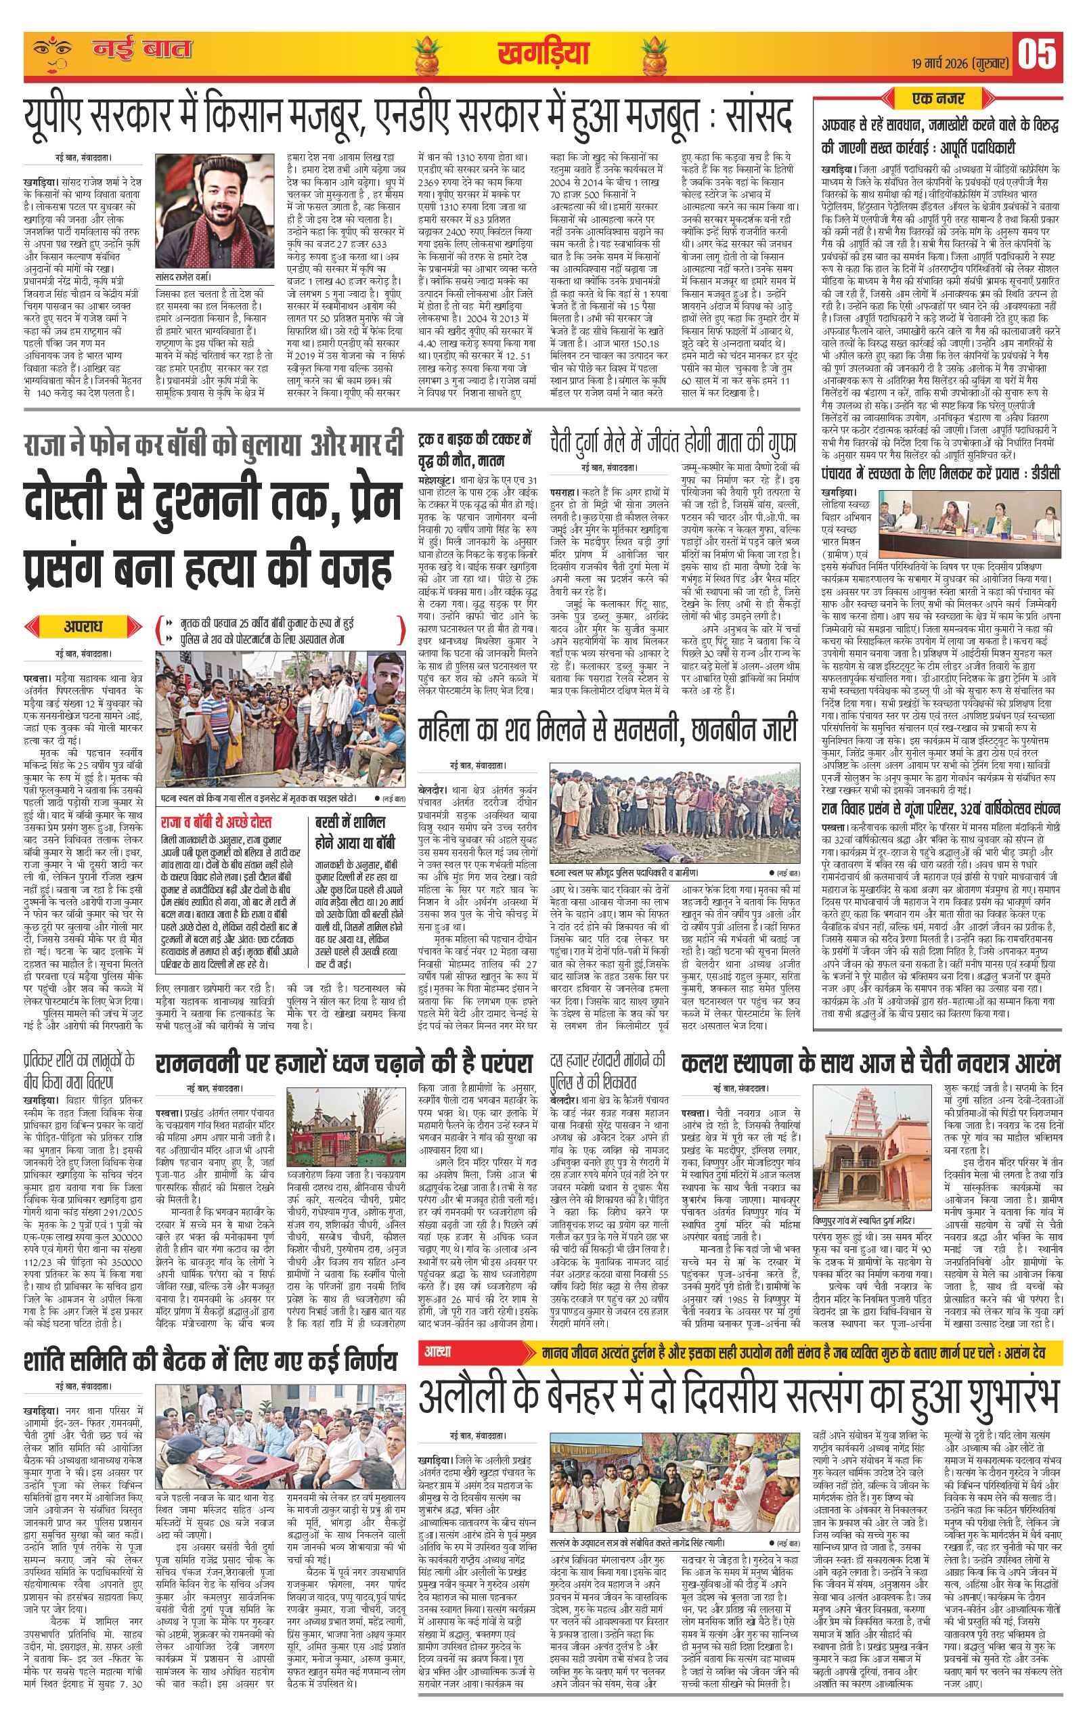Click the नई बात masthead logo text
pyautogui.click(x=141, y=50)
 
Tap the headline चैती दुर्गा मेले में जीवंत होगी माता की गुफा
pyautogui.click(x=674, y=439)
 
